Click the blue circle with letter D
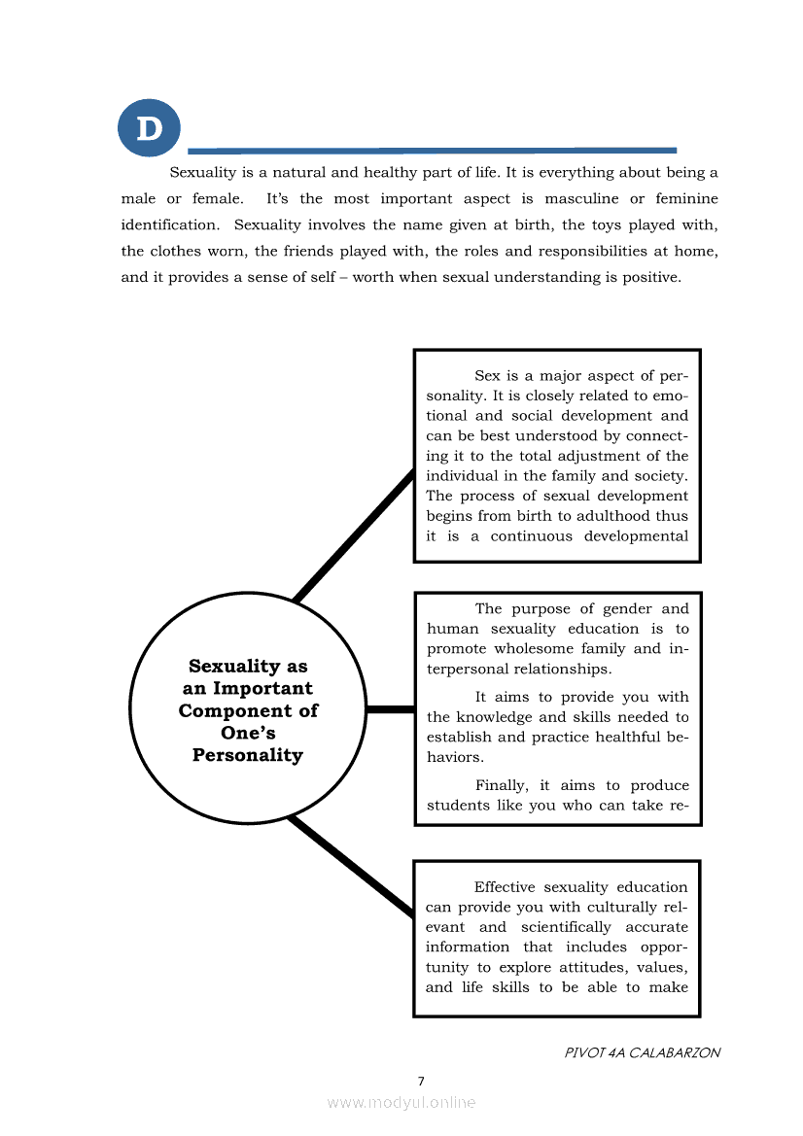pyautogui.click(x=149, y=127)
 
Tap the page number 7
pyautogui.click(x=421, y=1081)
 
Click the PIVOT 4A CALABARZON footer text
pyautogui.click(x=643, y=1052)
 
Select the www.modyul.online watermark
pyautogui.click(x=401, y=1102)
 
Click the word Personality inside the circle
pyautogui.click(x=247, y=755)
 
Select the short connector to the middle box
pyautogui.click(x=390, y=709)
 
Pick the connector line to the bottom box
pyautogui.click(x=352, y=867)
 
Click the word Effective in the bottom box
pyautogui.click(x=505, y=887)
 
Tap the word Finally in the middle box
pyautogui.click(x=500, y=785)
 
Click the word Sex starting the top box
pyautogui.click(x=488, y=375)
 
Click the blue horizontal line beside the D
pyautogui.click(x=432, y=151)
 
